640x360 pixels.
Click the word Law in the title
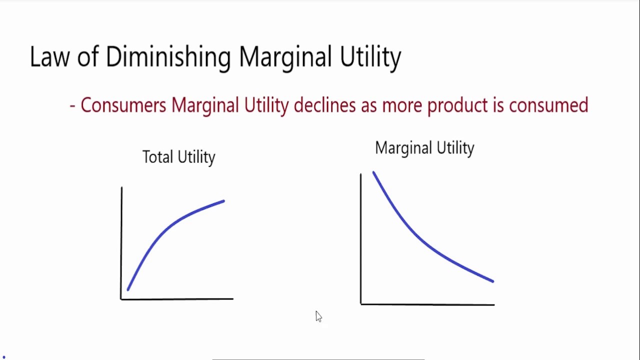49,57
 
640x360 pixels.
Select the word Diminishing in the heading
168,58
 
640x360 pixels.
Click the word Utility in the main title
370,58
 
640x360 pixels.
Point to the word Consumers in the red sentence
123,105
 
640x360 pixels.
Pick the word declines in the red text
324,105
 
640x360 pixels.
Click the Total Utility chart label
179,157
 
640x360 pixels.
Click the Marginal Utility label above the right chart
424,148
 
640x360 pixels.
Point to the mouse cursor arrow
318,316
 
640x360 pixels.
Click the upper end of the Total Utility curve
223,201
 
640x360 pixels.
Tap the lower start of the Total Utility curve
128,289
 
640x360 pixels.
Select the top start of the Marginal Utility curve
373,172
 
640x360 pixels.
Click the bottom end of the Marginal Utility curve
493,281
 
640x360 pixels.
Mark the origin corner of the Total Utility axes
121,299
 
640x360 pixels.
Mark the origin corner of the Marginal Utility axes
361,304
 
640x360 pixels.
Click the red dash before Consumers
72,106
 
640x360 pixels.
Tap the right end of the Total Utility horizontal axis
233,299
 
